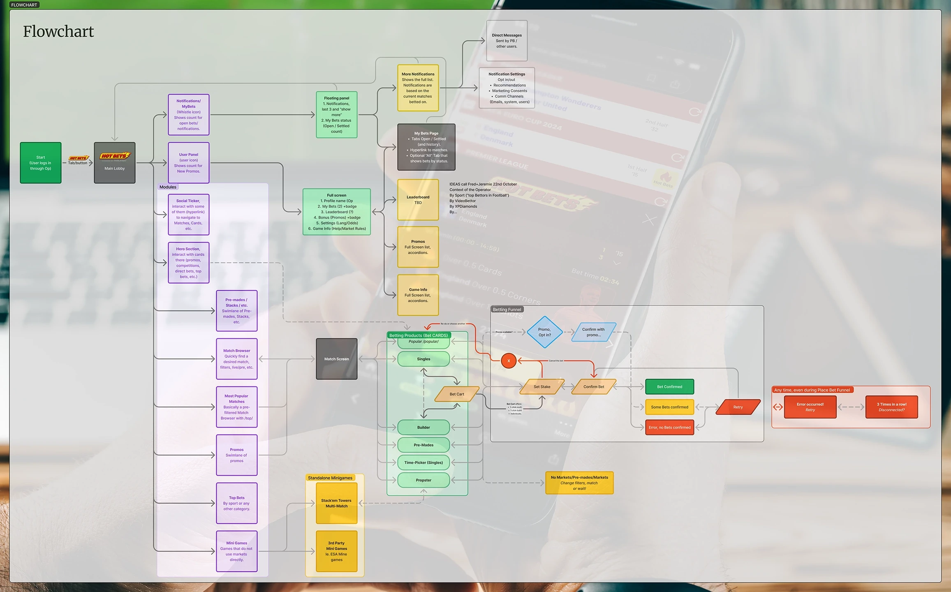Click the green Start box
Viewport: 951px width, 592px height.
[41, 163]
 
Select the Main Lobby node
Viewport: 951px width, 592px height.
[115, 163]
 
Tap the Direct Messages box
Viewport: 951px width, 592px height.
[507, 41]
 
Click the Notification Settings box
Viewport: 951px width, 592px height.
[507, 88]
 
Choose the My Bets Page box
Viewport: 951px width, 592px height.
[426, 147]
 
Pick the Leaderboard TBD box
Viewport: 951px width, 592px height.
[418, 200]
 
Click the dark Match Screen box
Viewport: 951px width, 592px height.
[336, 359]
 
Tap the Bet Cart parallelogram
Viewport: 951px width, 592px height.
[457, 394]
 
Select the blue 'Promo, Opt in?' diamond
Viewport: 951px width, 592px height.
[545, 332]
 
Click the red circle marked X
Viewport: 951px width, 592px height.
[509, 361]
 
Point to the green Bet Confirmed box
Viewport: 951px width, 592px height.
[669, 387]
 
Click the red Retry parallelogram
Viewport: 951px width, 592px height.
[738, 407]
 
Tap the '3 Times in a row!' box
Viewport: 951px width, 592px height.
[891, 407]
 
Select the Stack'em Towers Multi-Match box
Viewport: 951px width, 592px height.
[336, 503]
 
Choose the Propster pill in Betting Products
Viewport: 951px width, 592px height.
[423, 480]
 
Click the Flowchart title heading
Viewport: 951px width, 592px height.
[58, 32]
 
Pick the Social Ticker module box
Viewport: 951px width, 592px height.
[189, 215]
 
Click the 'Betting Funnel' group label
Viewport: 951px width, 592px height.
[507, 310]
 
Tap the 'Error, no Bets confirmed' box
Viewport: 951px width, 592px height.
[669, 428]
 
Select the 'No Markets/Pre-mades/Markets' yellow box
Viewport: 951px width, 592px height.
[579, 483]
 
